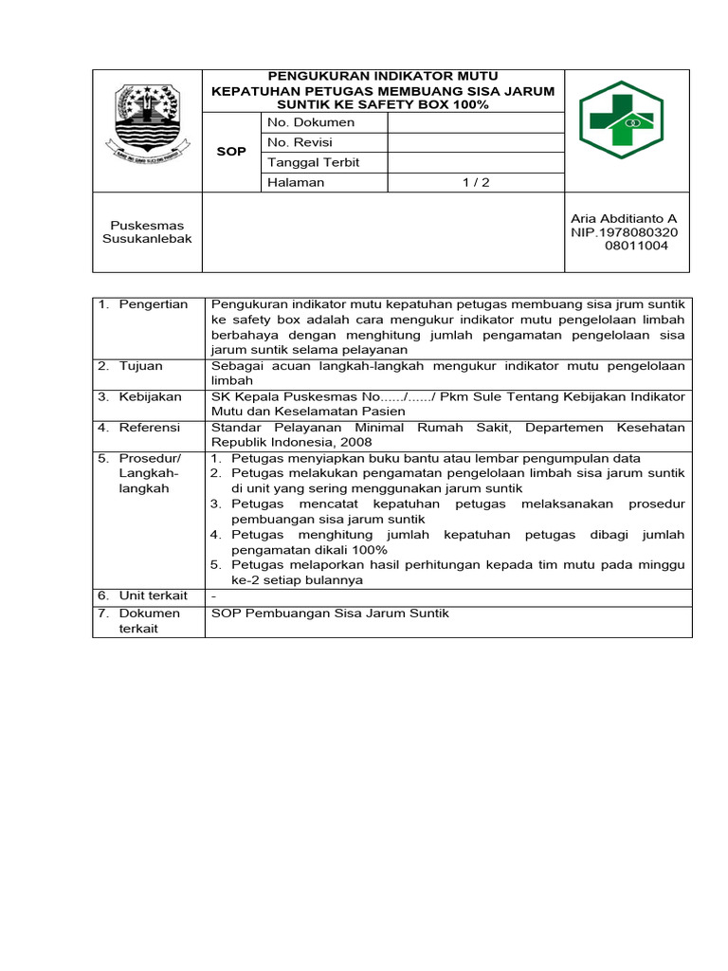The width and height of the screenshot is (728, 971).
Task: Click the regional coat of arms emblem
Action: pos(146,121)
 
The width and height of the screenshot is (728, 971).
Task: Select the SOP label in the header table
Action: pos(231,152)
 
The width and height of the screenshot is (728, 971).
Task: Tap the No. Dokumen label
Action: pos(311,122)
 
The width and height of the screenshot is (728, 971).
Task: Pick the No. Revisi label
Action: pos(304,142)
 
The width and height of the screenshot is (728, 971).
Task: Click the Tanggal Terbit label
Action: pos(314,162)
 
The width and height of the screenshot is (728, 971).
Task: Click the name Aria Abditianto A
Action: pos(624,219)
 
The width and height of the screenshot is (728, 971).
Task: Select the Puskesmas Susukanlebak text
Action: pos(147,232)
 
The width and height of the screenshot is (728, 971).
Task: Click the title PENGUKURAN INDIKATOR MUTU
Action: pos(383,76)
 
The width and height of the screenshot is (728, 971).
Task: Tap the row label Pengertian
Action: pos(153,304)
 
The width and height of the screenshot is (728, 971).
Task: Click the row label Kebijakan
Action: pos(150,396)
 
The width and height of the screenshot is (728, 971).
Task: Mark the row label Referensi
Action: pos(149,428)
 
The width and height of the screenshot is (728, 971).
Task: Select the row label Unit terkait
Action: pos(153,595)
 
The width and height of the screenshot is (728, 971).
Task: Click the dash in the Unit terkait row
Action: pos(214,595)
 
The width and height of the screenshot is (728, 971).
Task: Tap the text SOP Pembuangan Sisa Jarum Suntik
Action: pos(330,614)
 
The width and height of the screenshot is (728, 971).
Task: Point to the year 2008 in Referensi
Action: pos(356,442)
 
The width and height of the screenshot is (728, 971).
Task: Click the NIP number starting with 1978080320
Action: pos(624,238)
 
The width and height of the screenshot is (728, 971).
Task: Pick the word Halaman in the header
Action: pos(296,182)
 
